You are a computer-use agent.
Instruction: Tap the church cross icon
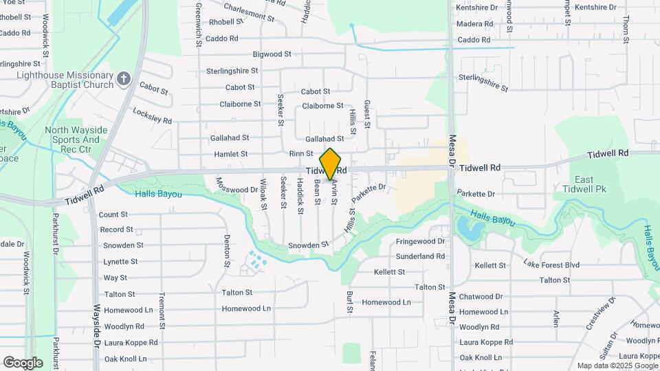pos(124,78)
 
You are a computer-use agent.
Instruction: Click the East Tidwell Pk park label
pos(584,184)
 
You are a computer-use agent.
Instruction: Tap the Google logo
pos(23,363)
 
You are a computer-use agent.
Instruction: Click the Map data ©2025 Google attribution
pos(617,366)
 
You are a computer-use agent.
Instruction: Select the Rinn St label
pos(301,154)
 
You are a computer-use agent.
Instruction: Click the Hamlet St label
pos(230,155)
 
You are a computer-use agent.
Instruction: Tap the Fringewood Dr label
pos(421,242)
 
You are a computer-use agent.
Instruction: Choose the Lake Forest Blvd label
pos(551,265)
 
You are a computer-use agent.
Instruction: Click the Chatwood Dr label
pos(481,297)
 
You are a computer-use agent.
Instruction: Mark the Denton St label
pos(227,251)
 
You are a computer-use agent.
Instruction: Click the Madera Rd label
pos(475,23)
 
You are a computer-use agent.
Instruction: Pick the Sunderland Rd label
pos(420,256)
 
